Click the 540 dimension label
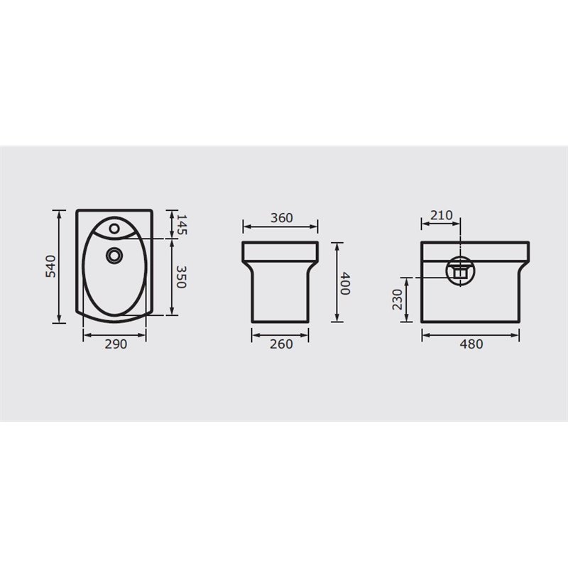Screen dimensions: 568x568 (x=50, y=266)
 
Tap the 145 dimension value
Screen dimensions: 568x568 (x=181, y=224)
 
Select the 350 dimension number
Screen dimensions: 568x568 (x=181, y=277)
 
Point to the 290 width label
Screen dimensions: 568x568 (x=116, y=344)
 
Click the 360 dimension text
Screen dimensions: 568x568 (x=282, y=218)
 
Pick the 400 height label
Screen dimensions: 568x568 (x=345, y=283)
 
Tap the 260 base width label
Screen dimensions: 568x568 (x=281, y=344)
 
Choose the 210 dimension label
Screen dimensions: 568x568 (x=442, y=215)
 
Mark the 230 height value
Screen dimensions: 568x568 (x=398, y=300)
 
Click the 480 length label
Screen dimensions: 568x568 (x=471, y=344)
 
